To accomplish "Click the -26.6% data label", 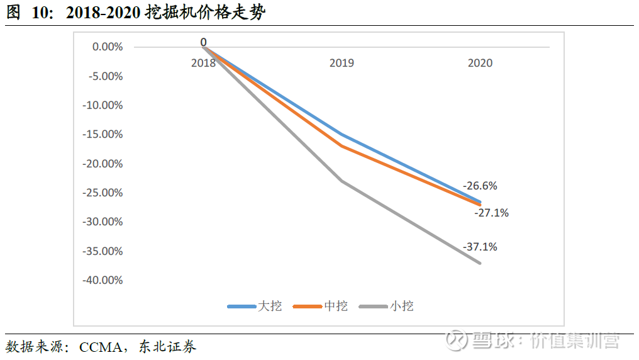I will click(480, 186).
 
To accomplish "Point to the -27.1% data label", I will click(491, 213).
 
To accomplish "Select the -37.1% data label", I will click(480, 247).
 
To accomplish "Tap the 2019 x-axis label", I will click(342, 63).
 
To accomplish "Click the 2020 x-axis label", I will click(480, 63).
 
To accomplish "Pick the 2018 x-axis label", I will click(203, 63).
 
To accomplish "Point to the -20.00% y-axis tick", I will click(103, 164).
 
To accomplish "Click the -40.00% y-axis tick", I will click(103, 280).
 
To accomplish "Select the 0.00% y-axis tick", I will click(107, 47).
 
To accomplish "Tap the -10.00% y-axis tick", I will click(103, 105).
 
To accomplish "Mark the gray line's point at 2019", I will click(342, 181).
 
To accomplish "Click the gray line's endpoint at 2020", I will click(480, 263).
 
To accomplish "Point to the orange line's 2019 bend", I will click(342, 146).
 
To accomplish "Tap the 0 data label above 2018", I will click(203, 42).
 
